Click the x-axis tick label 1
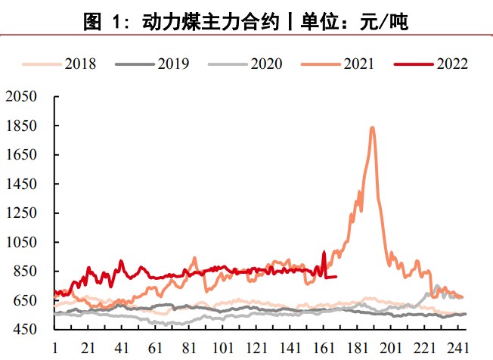pos(54,348)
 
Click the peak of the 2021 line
pos(372,128)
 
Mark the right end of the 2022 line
pos(336,277)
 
